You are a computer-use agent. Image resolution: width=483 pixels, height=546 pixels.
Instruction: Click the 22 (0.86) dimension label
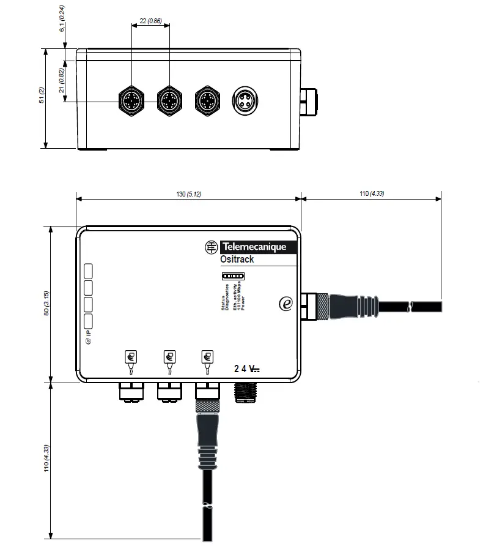(x=150, y=21)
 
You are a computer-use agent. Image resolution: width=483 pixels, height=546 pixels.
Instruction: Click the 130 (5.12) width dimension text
(x=188, y=194)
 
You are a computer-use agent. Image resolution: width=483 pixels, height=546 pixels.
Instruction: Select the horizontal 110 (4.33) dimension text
(x=372, y=194)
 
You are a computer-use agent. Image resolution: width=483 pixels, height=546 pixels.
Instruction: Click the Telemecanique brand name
(x=253, y=247)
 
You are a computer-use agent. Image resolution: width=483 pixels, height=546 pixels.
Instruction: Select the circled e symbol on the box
(x=285, y=303)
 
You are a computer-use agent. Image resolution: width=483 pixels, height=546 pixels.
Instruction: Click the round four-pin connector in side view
(x=245, y=99)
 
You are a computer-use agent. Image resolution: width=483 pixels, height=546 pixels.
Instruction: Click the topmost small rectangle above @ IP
(x=87, y=271)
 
